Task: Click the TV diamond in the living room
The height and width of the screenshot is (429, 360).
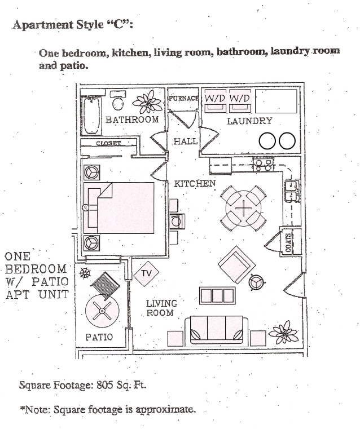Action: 146,273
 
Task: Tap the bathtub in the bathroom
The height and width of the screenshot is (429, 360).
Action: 91,116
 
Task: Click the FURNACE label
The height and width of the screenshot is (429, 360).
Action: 183,98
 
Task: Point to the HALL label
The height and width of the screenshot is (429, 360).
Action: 186,141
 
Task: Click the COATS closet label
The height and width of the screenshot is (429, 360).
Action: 288,242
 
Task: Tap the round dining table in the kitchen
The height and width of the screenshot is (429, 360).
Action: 243,209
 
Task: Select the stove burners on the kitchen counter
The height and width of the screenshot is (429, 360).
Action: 263,165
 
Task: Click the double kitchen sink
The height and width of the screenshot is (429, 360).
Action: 292,191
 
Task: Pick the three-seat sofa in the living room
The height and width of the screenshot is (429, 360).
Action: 216,330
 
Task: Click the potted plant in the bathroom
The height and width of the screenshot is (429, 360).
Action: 148,102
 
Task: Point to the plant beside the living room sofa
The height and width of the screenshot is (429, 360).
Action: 284,332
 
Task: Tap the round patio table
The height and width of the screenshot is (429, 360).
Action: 102,311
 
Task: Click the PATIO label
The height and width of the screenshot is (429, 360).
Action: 99,337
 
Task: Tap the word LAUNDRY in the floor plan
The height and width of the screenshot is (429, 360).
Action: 249,121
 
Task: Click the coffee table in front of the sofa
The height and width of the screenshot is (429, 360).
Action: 217,295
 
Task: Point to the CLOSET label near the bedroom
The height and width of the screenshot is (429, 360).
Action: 108,143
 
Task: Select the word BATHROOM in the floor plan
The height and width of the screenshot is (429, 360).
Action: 132,120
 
